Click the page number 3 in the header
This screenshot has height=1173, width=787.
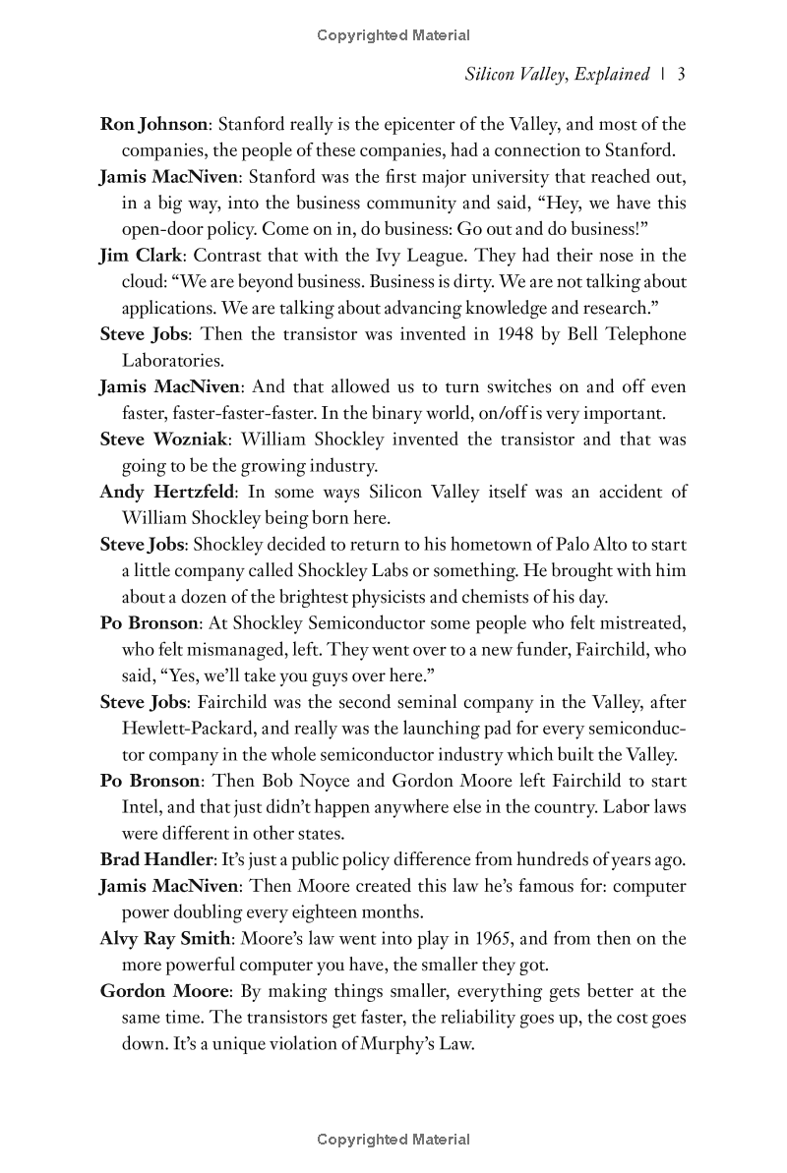tap(681, 74)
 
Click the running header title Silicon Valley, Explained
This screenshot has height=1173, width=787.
tap(558, 74)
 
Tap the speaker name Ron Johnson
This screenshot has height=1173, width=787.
tap(153, 125)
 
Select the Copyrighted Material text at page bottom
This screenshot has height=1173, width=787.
tap(393, 1141)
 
